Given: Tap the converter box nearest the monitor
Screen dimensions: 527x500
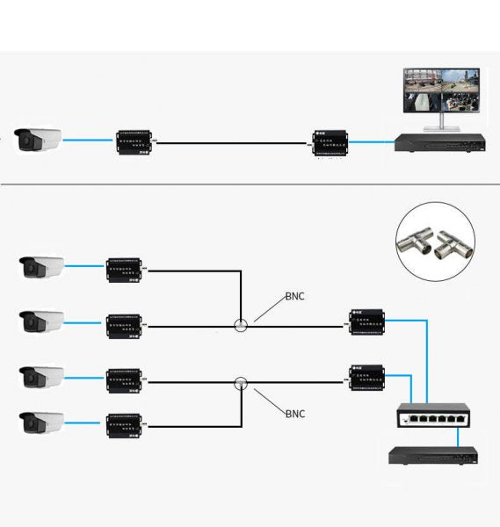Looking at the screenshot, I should pos(330,141).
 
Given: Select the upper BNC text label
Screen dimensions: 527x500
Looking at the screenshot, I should pos(294,297).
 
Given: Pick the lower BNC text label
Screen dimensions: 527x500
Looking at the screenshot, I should pos(295,412).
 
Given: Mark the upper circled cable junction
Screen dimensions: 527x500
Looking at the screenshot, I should pos(241,325).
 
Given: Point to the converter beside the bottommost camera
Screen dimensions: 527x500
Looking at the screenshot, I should pos(125,424).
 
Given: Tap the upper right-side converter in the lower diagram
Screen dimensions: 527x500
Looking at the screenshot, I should pos(367,322).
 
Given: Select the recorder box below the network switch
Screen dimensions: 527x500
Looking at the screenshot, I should pos(432,455).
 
